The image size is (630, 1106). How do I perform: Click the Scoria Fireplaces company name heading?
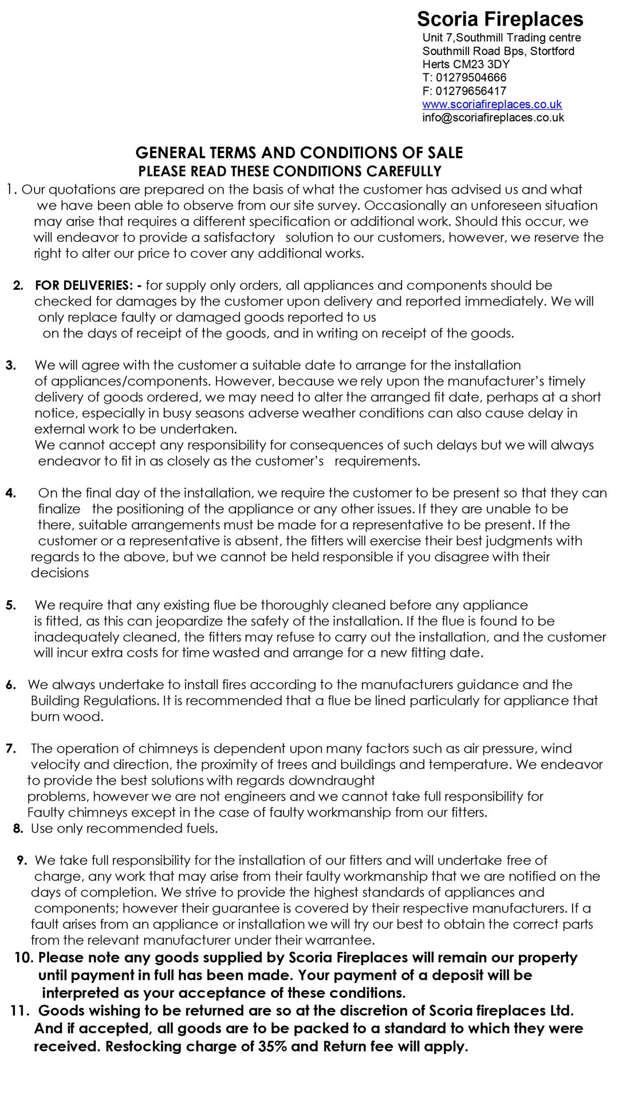coord(499,19)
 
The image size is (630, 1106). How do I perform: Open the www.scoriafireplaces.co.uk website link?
coord(491,104)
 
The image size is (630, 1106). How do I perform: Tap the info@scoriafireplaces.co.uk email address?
coord(493,117)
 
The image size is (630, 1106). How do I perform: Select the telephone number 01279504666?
coord(471,77)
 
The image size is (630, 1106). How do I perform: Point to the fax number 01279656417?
coord(471,90)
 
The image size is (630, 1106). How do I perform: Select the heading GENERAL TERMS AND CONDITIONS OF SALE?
coord(299,153)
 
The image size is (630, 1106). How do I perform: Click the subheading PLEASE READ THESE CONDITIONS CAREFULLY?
coord(290,171)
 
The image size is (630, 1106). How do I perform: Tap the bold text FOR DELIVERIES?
coord(88,285)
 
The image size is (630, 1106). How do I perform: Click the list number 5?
coord(11,605)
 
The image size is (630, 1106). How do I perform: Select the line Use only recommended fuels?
coord(124,829)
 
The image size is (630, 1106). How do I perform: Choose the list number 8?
coord(18,829)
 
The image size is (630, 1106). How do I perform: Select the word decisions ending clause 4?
coord(60,573)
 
